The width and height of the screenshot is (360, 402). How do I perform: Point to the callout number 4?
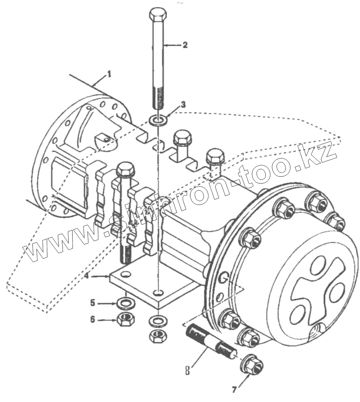point(86,277)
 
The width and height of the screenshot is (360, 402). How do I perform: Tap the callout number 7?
point(234,389)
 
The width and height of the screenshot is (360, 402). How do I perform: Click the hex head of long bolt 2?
point(158,15)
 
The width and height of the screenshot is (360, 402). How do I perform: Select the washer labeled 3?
point(158,120)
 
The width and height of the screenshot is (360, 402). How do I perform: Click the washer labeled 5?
point(125,303)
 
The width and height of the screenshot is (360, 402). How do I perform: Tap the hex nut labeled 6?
point(125,319)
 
